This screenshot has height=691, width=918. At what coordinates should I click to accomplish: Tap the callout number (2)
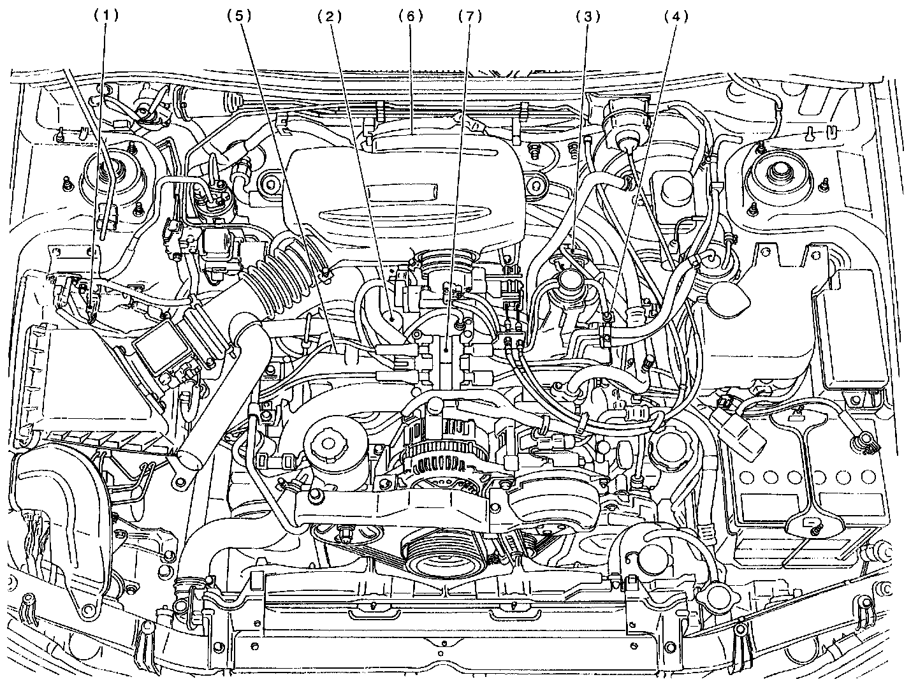(330, 17)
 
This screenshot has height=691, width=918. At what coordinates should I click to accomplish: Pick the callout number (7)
(470, 17)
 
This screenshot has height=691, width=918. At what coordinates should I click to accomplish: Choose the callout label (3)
(588, 17)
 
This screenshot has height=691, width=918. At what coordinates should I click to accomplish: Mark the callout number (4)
(676, 17)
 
